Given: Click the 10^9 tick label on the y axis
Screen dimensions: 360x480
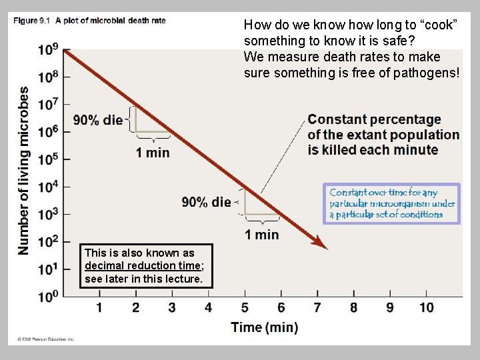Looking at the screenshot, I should [48, 50].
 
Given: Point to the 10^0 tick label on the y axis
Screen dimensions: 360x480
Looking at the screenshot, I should [48, 296].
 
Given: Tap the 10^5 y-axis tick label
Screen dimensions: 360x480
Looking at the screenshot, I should [48, 159].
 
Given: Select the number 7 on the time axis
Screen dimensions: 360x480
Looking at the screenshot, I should [317, 307].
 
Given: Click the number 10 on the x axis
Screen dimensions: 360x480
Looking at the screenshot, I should [426, 307].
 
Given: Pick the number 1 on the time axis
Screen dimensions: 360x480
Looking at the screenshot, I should [99, 307].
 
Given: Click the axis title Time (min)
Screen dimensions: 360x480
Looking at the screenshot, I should [265, 327].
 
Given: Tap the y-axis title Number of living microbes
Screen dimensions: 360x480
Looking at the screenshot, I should [24, 170].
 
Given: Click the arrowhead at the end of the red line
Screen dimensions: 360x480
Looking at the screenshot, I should [323, 246].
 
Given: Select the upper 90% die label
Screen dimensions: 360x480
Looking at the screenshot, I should [98, 120].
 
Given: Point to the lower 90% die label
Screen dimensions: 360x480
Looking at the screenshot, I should [206, 202].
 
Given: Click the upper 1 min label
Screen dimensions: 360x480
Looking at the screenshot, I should [153, 153].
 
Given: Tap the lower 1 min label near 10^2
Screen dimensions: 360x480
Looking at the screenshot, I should [262, 234].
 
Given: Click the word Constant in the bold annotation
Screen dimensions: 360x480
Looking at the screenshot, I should [339, 120].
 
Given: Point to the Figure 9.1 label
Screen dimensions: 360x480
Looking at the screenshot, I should [31, 21].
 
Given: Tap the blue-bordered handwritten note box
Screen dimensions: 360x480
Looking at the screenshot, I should [392, 203].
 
